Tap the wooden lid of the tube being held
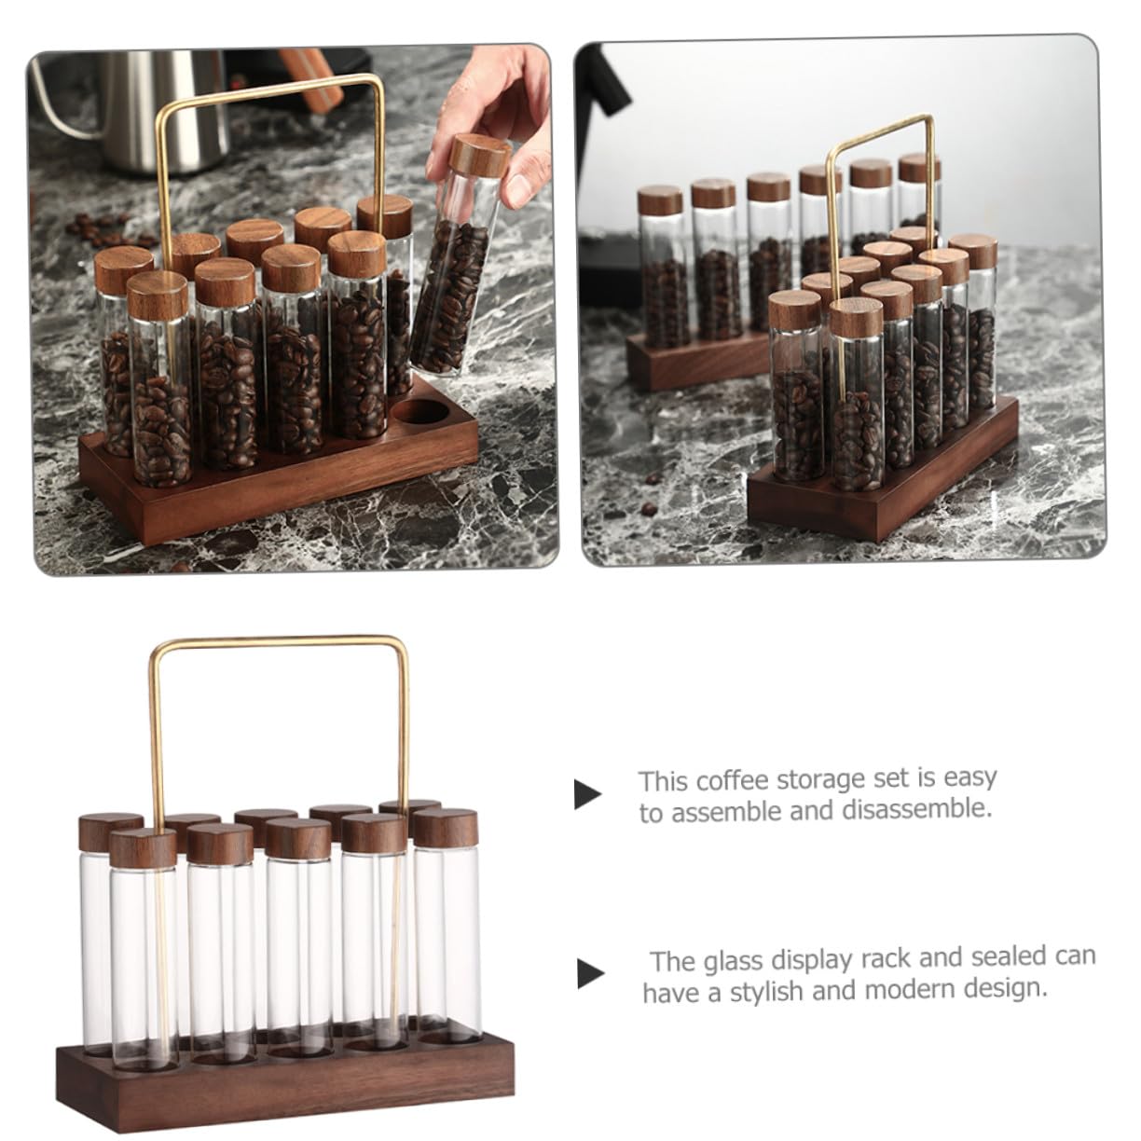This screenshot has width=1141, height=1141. point(479,156)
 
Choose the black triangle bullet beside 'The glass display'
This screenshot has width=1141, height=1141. point(590,975)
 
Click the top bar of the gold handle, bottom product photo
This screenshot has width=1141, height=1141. point(279,641)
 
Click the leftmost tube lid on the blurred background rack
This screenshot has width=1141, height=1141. point(660,199)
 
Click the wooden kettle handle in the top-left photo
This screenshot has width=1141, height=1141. point(309,80)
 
